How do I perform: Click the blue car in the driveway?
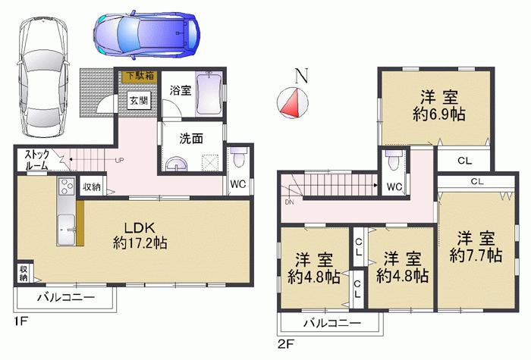coord(146,34)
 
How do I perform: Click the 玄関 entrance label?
coord(138,100)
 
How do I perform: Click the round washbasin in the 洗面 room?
coord(178,164)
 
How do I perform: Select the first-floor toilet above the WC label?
coord(238,158)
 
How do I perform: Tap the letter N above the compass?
coord(301,76)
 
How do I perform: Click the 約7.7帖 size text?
coord(475,255)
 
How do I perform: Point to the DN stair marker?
coord(288,202)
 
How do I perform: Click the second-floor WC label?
coord(393,186)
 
